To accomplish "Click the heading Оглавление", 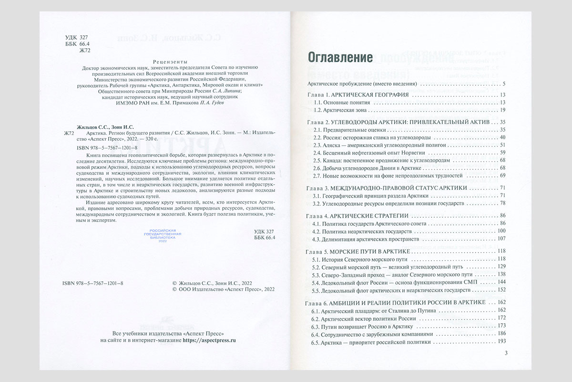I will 340,58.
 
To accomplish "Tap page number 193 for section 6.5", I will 500,342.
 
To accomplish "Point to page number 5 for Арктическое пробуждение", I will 504,84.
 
